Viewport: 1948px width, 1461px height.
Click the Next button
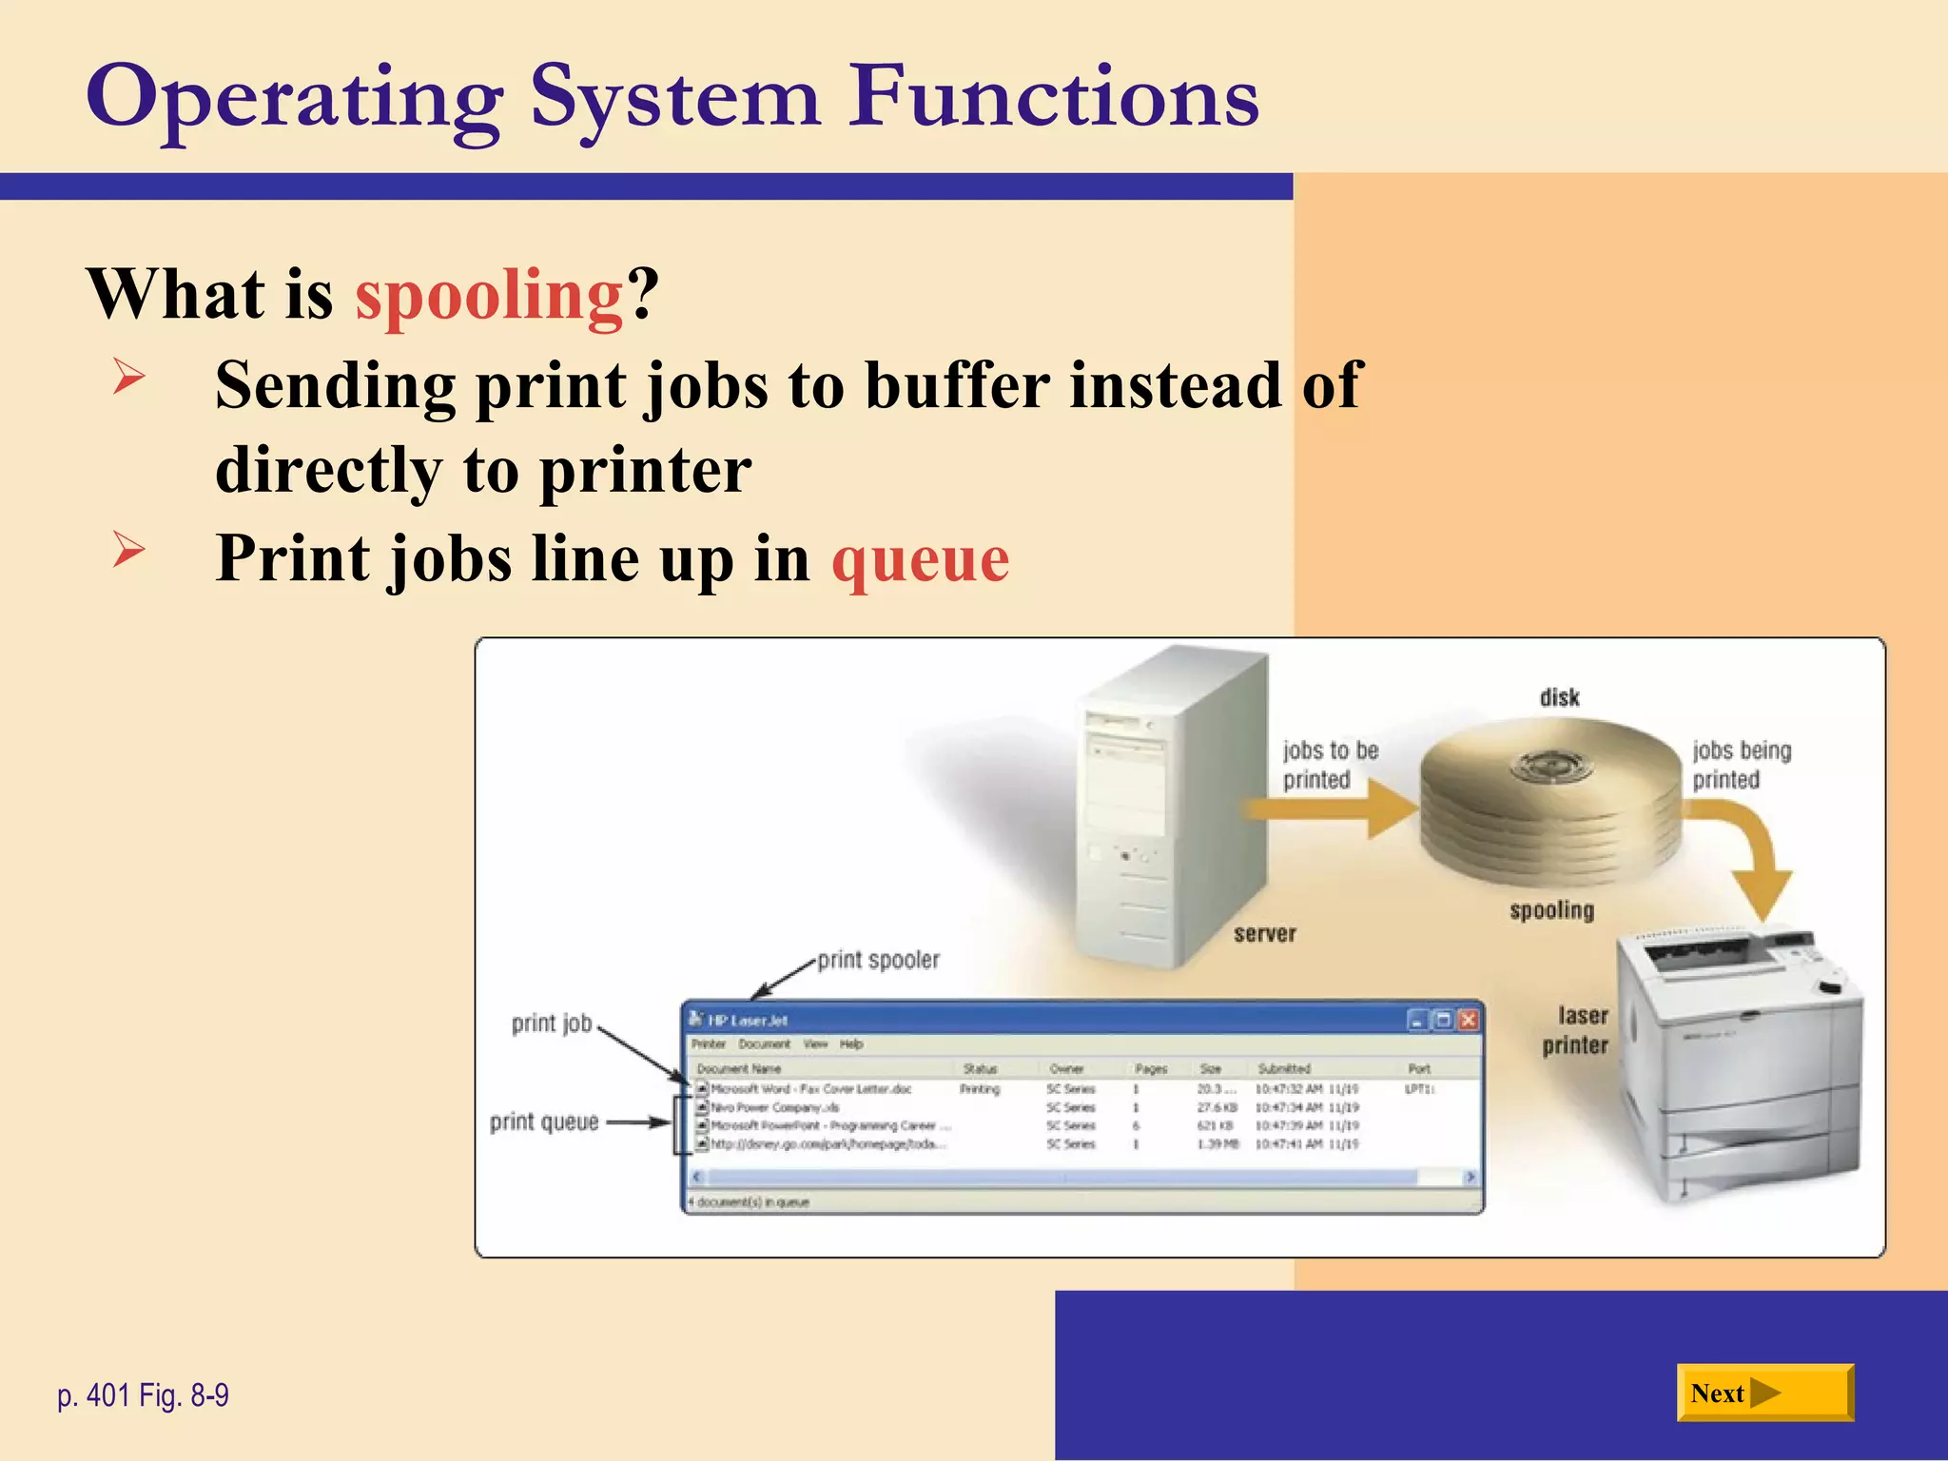click(x=1763, y=1393)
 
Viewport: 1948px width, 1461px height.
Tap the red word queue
click(x=920, y=559)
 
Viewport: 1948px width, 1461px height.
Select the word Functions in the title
click(x=1054, y=97)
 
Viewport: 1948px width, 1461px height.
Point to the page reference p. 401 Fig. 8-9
click(x=143, y=1395)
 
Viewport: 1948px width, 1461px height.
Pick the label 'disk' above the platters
click(x=1559, y=698)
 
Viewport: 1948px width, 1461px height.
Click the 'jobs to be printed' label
click(x=1329, y=765)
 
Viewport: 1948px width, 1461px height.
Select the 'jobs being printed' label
click(x=1741, y=765)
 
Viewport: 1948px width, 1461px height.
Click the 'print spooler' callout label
click(x=878, y=960)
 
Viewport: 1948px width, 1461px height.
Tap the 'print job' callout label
click(x=552, y=1023)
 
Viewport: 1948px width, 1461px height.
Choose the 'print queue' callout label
click(x=544, y=1122)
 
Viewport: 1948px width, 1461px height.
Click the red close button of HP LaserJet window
click(x=1468, y=1020)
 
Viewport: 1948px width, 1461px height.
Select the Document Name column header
click(x=739, y=1068)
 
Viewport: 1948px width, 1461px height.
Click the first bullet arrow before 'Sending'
click(x=128, y=376)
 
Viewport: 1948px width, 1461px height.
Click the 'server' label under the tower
click(x=1264, y=934)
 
